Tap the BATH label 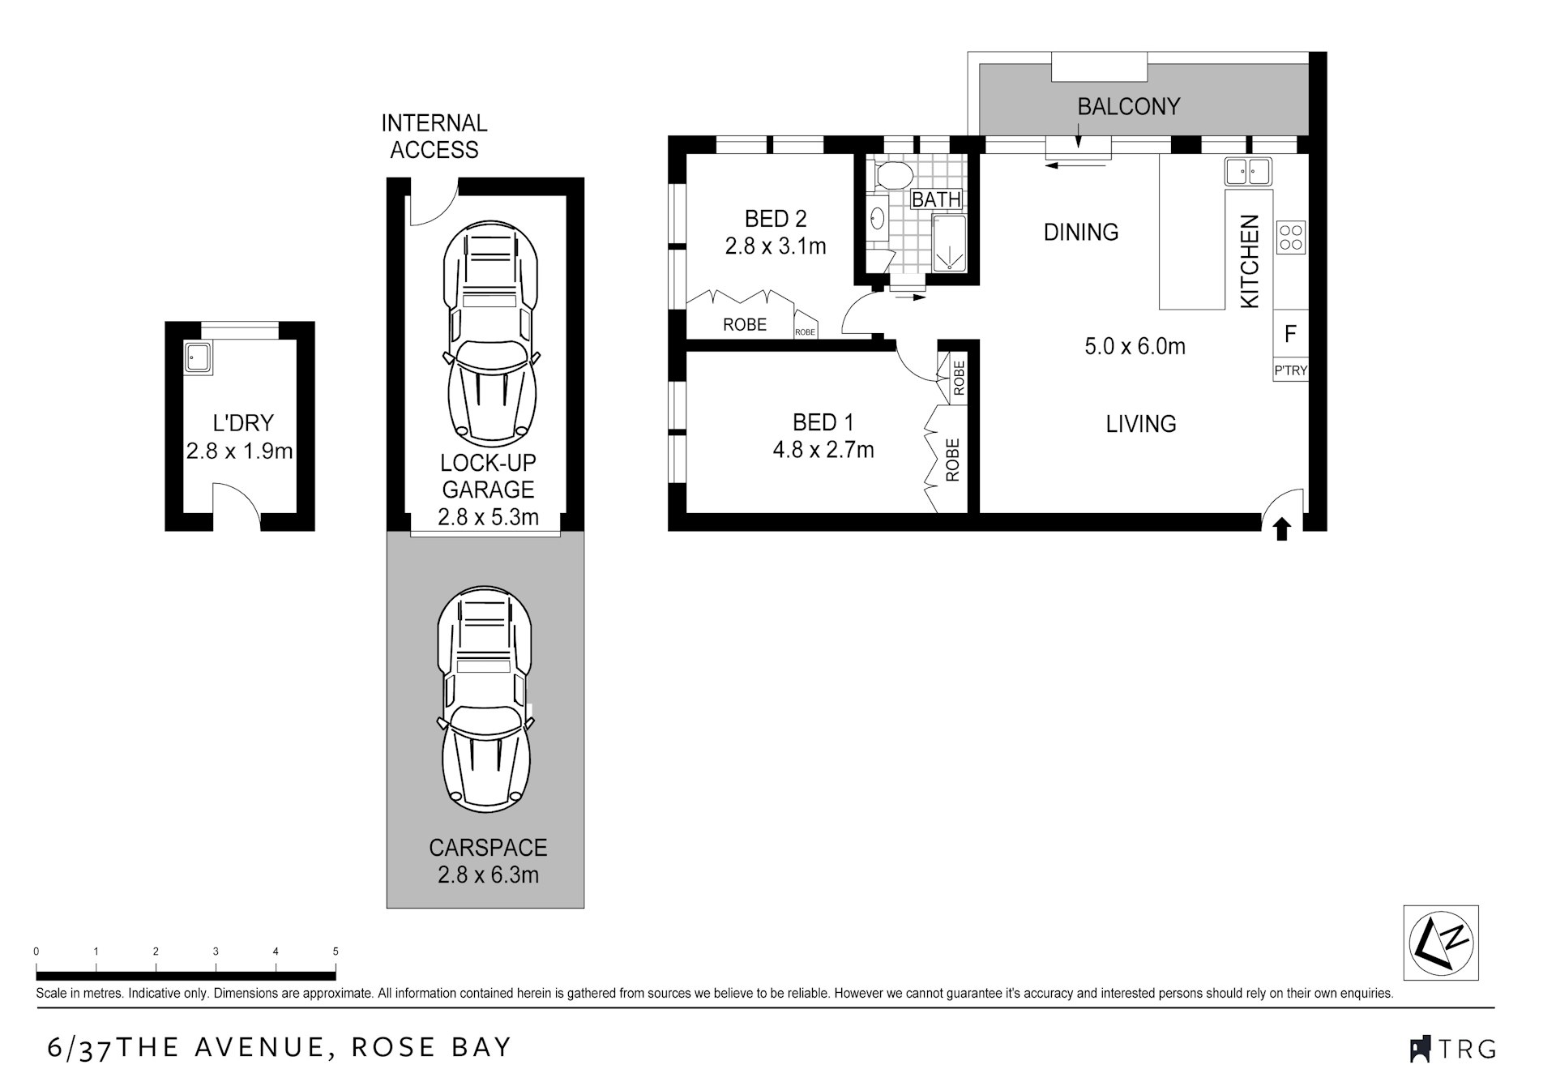[x=936, y=199]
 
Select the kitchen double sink [x=1248, y=172]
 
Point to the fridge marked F [x=1290, y=333]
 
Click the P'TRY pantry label [x=1290, y=370]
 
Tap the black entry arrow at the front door [x=1281, y=529]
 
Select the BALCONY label [x=1128, y=107]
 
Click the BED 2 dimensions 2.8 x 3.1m [x=775, y=246]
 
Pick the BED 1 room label [x=823, y=422]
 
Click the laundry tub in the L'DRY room [x=198, y=357]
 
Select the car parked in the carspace [x=485, y=699]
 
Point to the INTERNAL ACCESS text [x=434, y=136]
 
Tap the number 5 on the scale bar [x=336, y=952]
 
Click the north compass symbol [x=1440, y=943]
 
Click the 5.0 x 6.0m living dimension [x=1135, y=347]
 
